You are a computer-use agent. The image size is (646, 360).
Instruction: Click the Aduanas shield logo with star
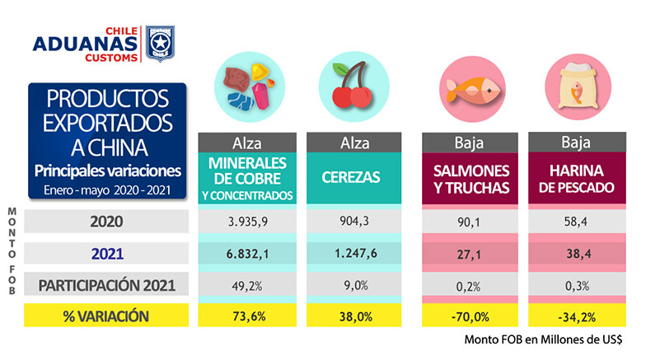click(x=160, y=43)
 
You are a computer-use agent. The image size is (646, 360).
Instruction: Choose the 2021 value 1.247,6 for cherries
click(x=354, y=254)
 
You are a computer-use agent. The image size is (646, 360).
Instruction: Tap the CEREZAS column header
click(x=354, y=176)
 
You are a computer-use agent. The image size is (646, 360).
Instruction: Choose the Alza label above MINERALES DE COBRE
click(x=247, y=141)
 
